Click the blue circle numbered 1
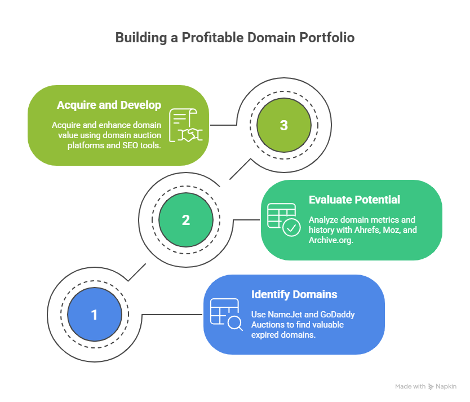click(x=94, y=315)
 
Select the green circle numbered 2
click(x=186, y=220)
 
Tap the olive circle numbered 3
click(x=283, y=125)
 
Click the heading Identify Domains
click(x=294, y=294)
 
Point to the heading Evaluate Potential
click(x=354, y=200)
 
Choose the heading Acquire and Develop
click(x=109, y=105)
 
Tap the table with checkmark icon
click(x=283, y=220)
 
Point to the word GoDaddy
click(x=335, y=314)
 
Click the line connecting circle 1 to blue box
click(x=163, y=315)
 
